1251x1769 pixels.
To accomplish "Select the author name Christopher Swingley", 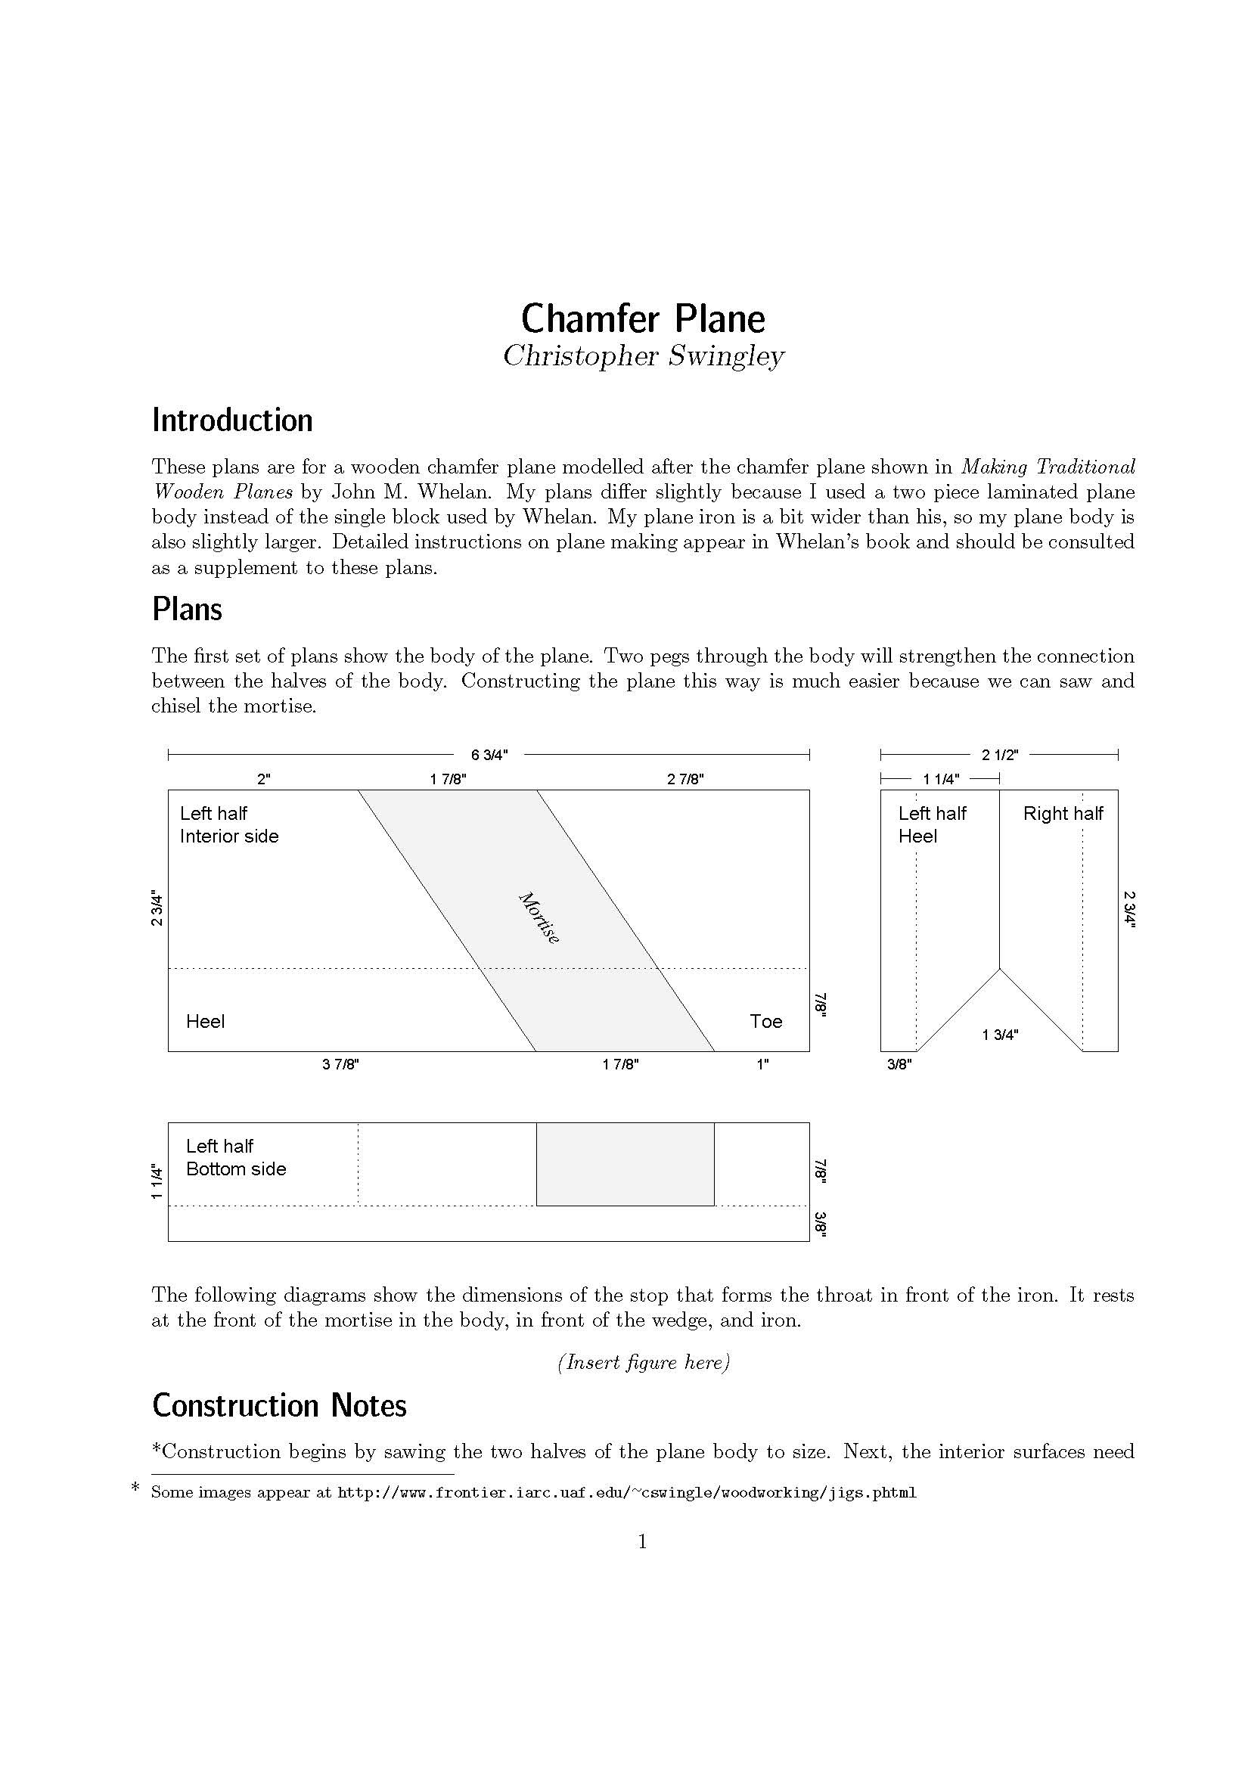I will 642,356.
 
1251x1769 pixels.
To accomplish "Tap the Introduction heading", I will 232,421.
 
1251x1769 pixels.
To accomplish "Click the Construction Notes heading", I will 279,1405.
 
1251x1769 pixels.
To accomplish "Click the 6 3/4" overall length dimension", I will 489,755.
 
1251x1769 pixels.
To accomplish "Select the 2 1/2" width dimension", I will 999,755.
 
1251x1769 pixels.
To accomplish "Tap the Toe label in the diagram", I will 765,1022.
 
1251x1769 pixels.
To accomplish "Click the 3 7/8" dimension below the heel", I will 340,1065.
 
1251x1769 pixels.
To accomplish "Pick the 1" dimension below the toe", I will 762,1065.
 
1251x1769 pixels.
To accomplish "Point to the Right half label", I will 1062,814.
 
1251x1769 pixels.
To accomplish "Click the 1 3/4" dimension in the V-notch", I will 999,1035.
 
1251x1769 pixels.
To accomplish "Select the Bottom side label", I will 236,1169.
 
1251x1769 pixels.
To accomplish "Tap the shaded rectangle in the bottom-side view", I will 625,1164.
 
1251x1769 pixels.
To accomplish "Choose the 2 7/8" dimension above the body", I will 684,779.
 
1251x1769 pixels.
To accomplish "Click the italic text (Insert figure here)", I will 642,1362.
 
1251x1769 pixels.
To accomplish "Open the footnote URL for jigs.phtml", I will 626,1492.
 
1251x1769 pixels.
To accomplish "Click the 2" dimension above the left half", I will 263,779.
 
